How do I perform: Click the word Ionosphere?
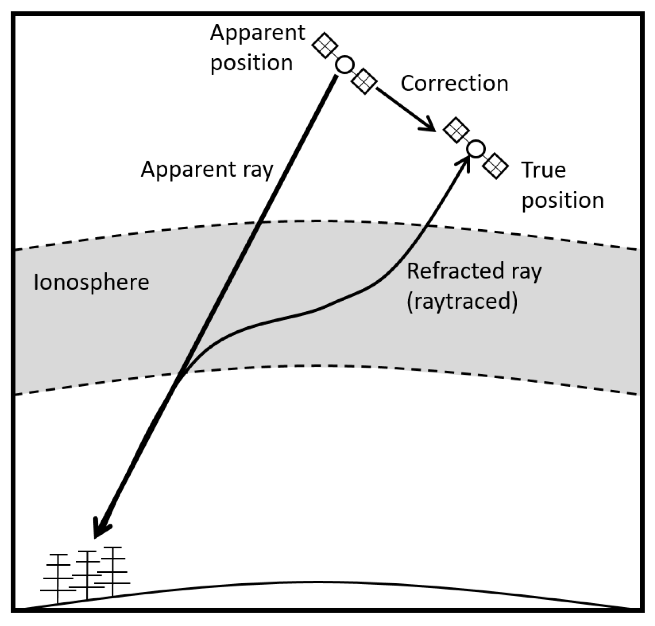tap(91, 282)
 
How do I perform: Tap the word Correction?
tap(454, 83)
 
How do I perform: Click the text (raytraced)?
tap(462, 301)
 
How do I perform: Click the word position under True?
tap(562, 200)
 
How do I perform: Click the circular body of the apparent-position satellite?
tap(345, 65)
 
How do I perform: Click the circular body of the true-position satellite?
tap(476, 149)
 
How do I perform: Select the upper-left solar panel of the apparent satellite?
tap(325, 45)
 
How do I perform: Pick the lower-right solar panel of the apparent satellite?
tap(364, 81)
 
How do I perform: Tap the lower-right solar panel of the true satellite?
tap(496, 166)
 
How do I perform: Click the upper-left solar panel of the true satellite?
tap(456, 130)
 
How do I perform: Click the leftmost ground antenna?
tap(58, 579)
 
